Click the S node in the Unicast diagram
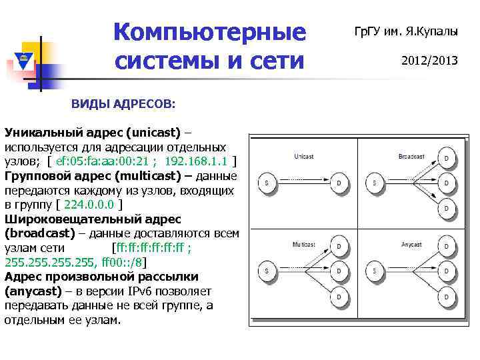click(267, 183)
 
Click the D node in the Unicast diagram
click(339, 183)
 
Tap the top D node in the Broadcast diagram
click(446, 158)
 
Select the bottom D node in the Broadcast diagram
click(446, 209)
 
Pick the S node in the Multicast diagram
click(267, 271)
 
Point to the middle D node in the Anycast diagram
click(446, 271)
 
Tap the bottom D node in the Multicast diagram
click(339, 296)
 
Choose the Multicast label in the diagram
click(304, 244)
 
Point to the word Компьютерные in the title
click(209, 31)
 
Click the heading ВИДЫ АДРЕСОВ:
click(124, 104)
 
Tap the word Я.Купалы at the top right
click(437, 31)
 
